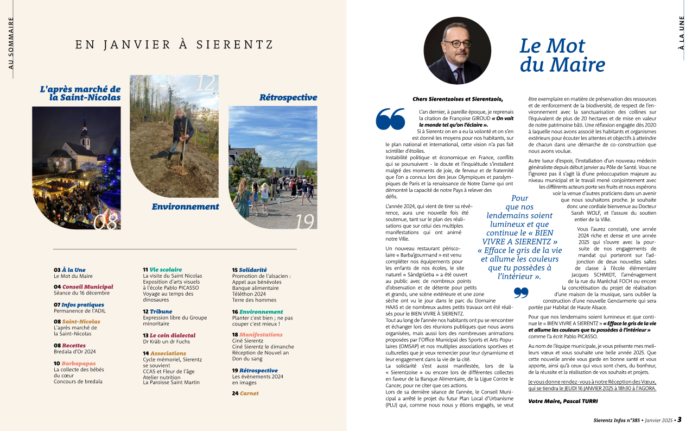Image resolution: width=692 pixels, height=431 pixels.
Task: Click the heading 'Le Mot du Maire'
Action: click(x=562, y=55)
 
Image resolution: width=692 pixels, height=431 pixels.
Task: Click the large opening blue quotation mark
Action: click(x=390, y=118)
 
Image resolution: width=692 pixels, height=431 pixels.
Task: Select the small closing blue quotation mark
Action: click(x=520, y=293)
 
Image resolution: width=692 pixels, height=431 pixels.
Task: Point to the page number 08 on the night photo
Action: click(x=105, y=221)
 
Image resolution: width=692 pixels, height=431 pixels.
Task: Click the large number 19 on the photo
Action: click(x=305, y=222)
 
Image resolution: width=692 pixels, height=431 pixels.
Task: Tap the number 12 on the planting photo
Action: click(x=206, y=83)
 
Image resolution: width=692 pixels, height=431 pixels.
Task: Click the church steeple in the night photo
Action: click(x=85, y=130)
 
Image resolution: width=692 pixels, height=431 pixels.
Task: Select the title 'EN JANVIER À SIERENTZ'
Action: click(x=174, y=45)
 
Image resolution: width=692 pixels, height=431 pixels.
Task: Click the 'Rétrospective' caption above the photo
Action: click(x=288, y=98)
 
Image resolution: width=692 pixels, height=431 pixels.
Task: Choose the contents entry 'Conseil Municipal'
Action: click(x=87, y=286)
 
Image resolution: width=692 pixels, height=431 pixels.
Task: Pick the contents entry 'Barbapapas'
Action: click(x=78, y=363)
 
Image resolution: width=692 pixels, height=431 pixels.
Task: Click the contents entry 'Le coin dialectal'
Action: click(x=172, y=335)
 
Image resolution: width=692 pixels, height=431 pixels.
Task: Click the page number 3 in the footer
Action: click(x=679, y=420)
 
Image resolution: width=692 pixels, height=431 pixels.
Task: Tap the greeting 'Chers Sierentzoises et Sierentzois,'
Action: click(x=458, y=99)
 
